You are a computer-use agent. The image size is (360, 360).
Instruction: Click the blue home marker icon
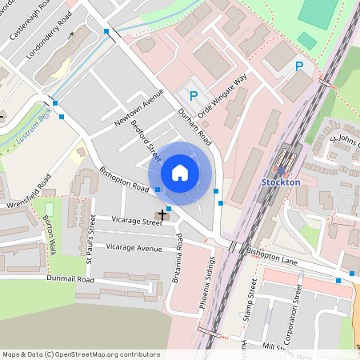point(180,172)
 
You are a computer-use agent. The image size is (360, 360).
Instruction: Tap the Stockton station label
point(281,182)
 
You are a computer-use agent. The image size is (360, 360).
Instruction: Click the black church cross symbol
point(163,214)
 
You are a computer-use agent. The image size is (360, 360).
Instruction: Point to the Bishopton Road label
point(125,180)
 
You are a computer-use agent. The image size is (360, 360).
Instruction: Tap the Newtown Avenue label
point(138,106)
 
